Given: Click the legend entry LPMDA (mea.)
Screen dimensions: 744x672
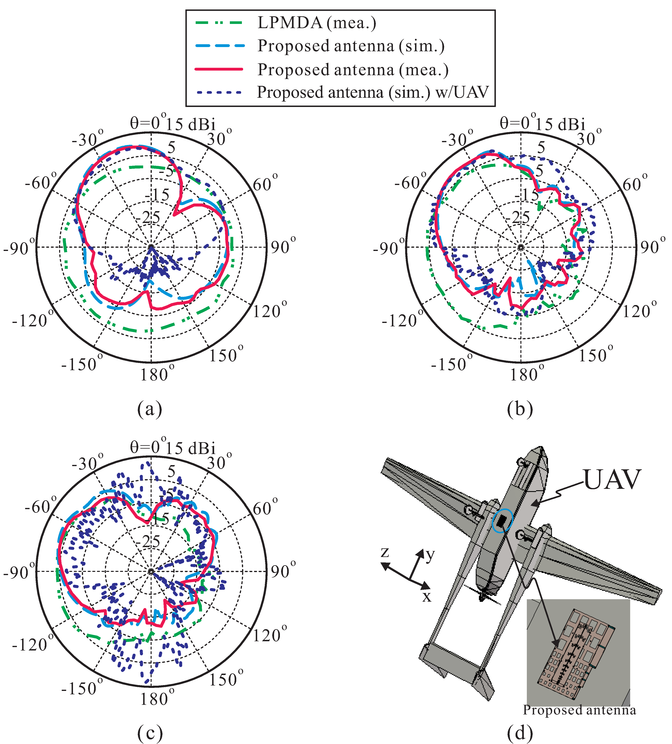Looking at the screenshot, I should [317, 23].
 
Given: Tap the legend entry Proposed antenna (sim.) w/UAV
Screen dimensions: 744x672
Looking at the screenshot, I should [373, 92].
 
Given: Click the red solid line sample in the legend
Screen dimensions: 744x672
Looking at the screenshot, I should [219, 69].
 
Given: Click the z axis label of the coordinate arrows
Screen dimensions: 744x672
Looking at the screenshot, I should [385, 552].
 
